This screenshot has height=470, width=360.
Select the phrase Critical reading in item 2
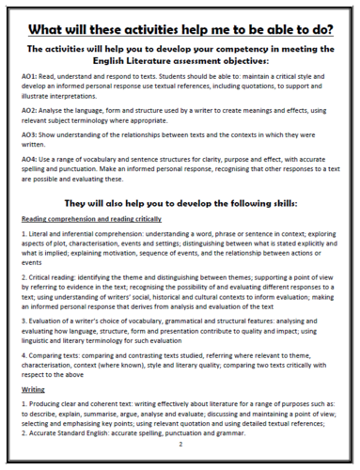coord(53,305)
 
